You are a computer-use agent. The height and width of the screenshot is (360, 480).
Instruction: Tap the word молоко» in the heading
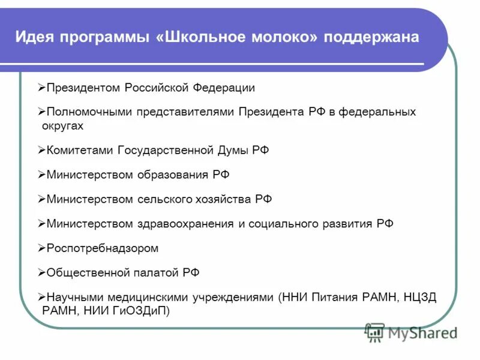(x=283, y=37)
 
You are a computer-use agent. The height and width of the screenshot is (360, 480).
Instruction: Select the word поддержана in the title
(x=371, y=37)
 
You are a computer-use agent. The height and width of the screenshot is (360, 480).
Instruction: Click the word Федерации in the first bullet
(x=224, y=88)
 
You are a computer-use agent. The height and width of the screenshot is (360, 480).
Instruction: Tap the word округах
(x=63, y=126)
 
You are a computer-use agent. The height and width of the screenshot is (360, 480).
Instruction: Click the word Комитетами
(x=80, y=151)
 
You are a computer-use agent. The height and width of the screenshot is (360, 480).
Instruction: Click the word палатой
(x=155, y=272)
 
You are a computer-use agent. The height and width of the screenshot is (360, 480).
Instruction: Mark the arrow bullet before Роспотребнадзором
(x=41, y=248)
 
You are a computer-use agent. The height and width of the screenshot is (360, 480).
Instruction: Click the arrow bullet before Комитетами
(x=41, y=151)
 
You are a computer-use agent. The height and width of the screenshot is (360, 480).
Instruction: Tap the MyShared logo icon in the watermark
(x=375, y=332)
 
